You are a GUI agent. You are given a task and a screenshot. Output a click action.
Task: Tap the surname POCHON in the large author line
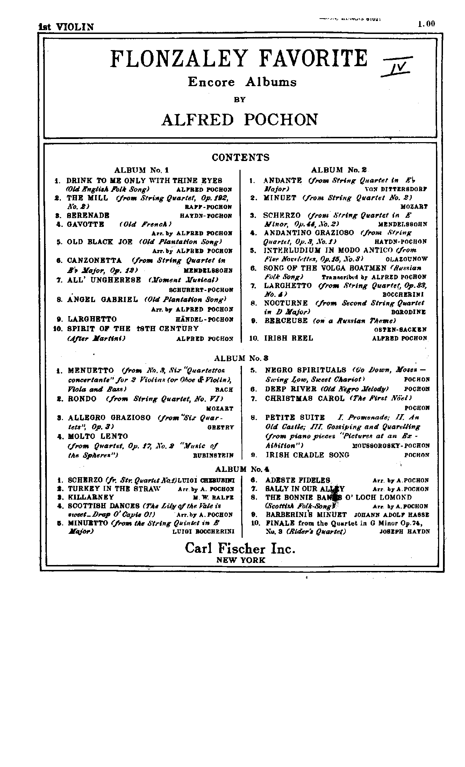coord(281,120)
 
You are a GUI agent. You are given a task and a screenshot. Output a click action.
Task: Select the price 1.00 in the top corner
coord(426,24)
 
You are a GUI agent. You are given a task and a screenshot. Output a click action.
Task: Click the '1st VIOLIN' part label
coord(66,27)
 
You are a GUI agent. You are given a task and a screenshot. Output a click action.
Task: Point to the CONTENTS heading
coord(241,158)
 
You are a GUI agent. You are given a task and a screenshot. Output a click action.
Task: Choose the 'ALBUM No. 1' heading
coord(142,170)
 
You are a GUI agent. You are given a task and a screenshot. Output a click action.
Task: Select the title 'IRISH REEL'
coord(288,338)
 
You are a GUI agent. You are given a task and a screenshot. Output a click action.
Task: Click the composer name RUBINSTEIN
coord(213,455)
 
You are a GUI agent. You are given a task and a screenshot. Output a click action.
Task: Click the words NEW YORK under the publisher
coord(241,560)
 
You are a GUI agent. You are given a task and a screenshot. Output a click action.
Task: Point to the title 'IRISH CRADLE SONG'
coord(308,455)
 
